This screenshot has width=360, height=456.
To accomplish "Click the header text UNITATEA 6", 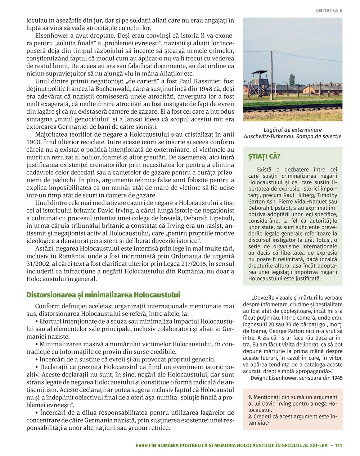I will pos(329,11).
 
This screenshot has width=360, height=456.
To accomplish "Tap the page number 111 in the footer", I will pos(338,445).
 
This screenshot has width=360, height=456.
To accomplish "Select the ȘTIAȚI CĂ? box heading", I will pos(264,156).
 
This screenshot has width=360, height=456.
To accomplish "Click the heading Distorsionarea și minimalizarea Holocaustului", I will pos(103,295).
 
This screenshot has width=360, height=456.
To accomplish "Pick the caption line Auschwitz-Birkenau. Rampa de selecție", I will pos(292,137).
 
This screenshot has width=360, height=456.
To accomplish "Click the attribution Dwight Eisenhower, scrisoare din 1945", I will pos(296,378).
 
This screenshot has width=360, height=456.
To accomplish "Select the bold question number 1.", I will pos(250,397).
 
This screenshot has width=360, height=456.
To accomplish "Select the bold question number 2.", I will pos(250,416).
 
